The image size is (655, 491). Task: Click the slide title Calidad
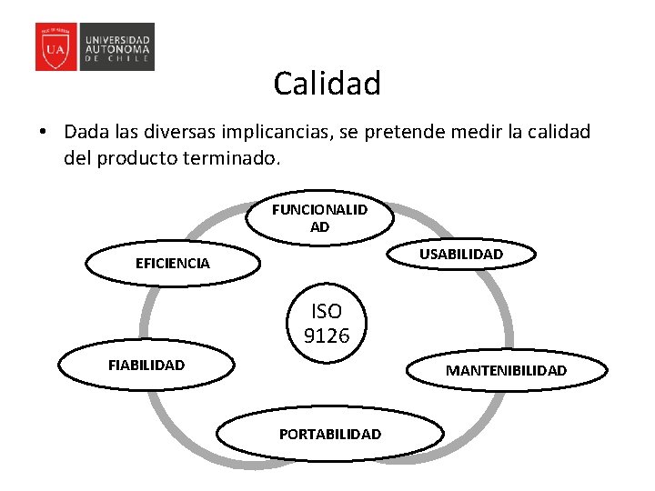coord(327,84)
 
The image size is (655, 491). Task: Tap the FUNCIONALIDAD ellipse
coord(319,219)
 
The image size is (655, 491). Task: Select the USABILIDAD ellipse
coord(460,255)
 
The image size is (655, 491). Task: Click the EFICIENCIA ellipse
coord(172,264)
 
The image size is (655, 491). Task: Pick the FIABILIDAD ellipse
coord(146,365)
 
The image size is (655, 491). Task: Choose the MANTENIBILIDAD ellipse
coord(506,370)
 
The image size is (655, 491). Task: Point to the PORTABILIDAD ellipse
coord(330,434)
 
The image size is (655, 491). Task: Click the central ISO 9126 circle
coord(326,324)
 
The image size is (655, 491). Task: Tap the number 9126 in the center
coord(326,336)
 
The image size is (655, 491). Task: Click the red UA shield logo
coord(55,47)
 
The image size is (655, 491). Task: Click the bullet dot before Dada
coord(43,132)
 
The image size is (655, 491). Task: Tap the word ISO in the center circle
coord(326,312)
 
